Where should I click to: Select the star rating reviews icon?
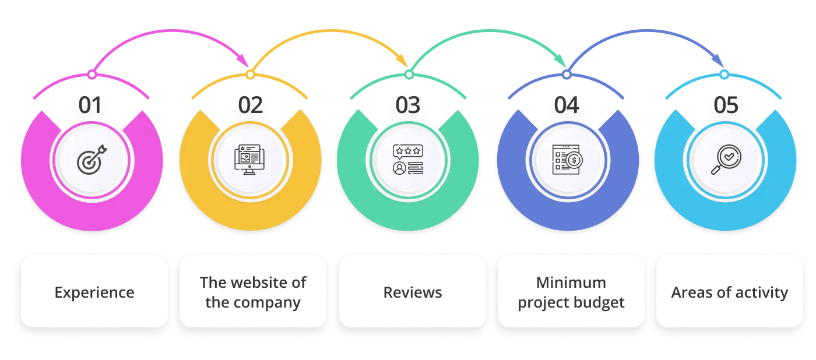coord(408,160)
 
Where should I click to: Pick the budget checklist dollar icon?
coord(567,160)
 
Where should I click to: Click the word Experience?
coord(94,292)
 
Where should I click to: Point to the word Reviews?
coord(413,292)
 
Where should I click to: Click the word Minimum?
coord(571,283)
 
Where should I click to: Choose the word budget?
coord(599,303)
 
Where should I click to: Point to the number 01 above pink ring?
coord(92,106)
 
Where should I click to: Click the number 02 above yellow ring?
coord(250,106)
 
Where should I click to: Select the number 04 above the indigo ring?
coord(567,106)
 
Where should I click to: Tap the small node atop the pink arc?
coord(92,75)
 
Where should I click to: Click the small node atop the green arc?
coord(409,75)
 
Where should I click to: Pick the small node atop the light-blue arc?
coord(723,75)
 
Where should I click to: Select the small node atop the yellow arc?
coord(250,75)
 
